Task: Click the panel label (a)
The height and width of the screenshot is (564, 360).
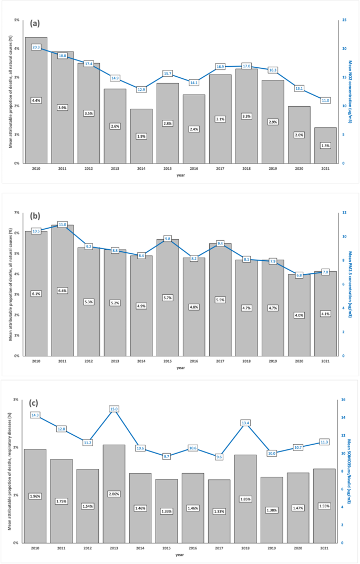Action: (36, 24)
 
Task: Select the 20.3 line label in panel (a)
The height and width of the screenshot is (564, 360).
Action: (36, 47)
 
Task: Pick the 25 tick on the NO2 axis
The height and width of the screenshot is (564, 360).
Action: (344, 20)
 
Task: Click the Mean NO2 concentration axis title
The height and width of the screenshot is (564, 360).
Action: (351, 91)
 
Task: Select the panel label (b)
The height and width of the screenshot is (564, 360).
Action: (36, 216)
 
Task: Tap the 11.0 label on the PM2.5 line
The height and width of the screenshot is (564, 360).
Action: (62, 224)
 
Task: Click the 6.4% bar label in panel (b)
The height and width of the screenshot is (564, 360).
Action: (62, 291)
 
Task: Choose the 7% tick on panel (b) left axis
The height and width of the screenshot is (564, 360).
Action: (16, 213)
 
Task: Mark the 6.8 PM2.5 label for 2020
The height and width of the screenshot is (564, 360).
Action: (299, 275)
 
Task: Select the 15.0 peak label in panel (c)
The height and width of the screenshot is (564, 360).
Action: (115, 408)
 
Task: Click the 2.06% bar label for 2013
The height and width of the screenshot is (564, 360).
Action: (115, 494)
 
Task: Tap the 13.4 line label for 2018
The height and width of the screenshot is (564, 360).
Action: (246, 423)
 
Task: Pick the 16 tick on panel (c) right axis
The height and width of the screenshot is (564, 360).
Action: (344, 399)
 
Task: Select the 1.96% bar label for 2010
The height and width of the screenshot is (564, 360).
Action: (36, 496)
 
